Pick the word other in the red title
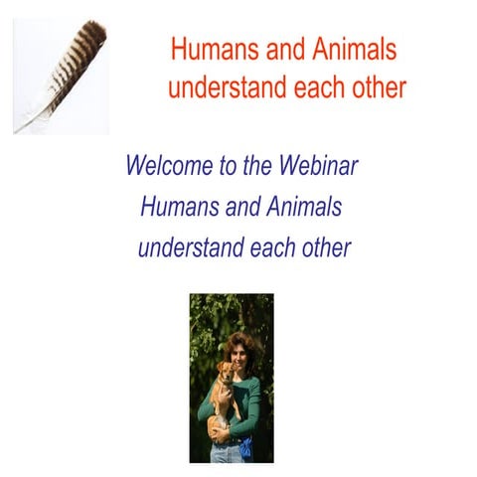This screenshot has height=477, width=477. coord(379,87)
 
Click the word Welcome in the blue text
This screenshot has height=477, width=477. coord(168,166)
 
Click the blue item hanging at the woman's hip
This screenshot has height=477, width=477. coord(246,446)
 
